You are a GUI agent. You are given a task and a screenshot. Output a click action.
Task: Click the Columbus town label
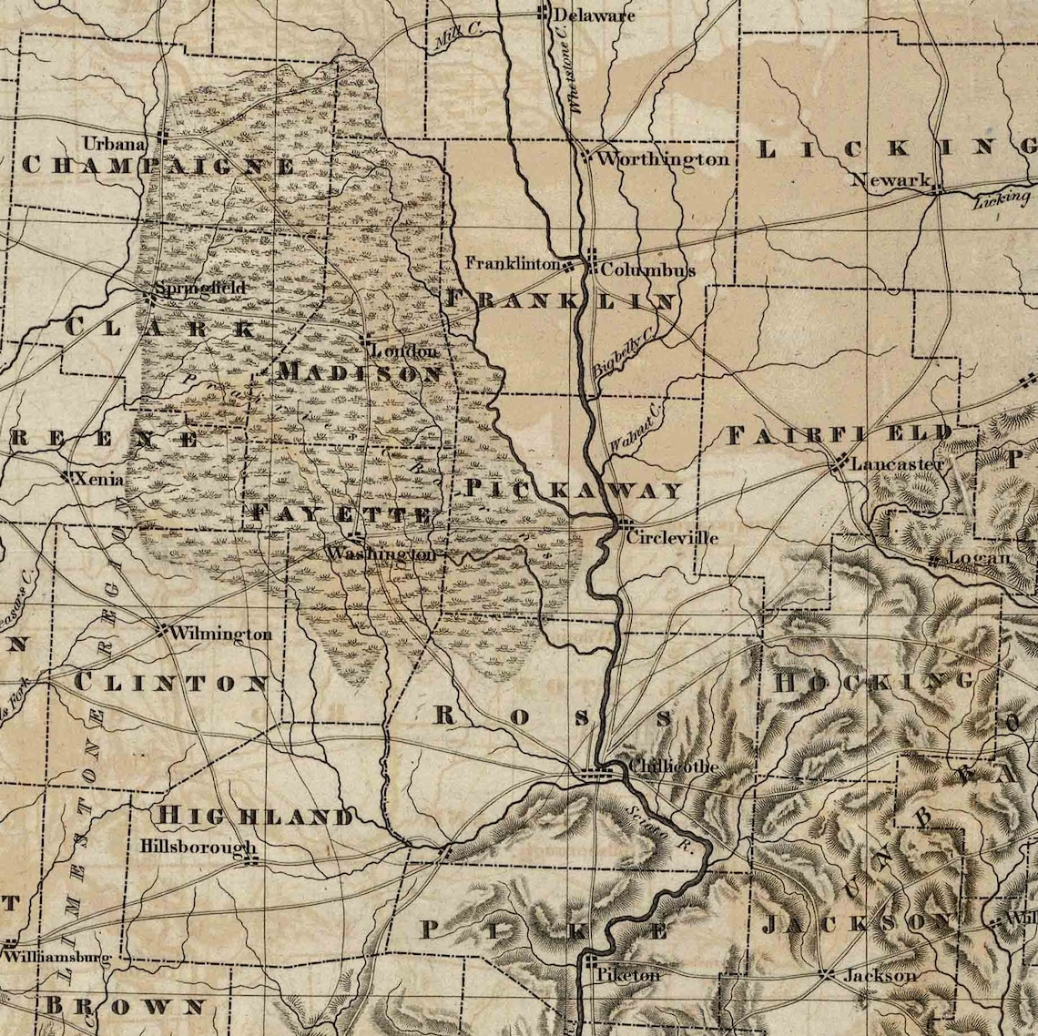pyautogui.click(x=647, y=270)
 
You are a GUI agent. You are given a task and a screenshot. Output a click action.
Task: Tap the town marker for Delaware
pyautogui.click(x=543, y=13)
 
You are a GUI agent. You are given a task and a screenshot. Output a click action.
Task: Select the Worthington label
pyautogui.click(x=663, y=159)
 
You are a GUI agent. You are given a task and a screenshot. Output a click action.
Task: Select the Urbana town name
pyautogui.click(x=114, y=143)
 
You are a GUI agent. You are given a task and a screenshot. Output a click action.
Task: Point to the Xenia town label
pyautogui.click(x=101, y=479)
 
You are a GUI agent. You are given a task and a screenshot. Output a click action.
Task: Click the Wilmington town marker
pyautogui.click(x=162, y=628)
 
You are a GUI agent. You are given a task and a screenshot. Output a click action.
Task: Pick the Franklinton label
pyautogui.click(x=513, y=263)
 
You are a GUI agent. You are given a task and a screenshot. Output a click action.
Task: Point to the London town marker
pyautogui.click(x=366, y=340)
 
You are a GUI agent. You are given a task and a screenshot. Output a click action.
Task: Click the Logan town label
pyautogui.click(x=979, y=557)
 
